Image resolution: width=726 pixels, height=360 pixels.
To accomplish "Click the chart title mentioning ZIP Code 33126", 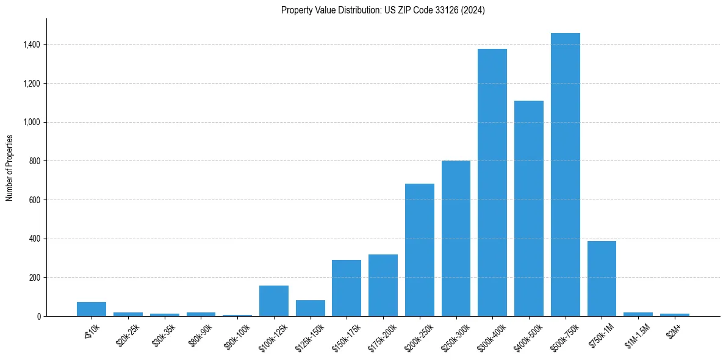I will click(x=383, y=10).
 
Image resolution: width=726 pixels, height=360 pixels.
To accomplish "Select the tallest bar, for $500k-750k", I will click(x=565, y=175).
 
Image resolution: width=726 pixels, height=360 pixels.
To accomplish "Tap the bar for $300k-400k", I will click(x=492, y=182).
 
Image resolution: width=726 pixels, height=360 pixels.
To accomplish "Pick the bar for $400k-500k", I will click(x=528, y=208).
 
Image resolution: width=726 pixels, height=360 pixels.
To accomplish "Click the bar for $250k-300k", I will click(x=456, y=239).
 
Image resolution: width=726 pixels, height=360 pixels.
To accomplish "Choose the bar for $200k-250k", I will click(x=419, y=250).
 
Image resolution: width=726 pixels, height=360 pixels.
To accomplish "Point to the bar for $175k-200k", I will click(x=383, y=285).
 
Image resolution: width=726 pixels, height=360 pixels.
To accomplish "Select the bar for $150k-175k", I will click(x=347, y=288).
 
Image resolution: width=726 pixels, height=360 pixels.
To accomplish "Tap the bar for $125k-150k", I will click(x=310, y=308).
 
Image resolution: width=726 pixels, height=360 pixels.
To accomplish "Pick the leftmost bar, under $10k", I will click(x=92, y=309).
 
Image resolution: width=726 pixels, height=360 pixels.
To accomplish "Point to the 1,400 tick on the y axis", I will click(x=32, y=45).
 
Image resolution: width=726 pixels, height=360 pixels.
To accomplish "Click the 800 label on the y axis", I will click(x=35, y=161).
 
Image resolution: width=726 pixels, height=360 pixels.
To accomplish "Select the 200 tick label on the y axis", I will click(x=35, y=278).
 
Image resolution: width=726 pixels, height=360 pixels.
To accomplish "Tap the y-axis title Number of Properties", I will click(x=9, y=167).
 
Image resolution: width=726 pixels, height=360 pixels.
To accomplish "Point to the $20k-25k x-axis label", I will click(x=126, y=334).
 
